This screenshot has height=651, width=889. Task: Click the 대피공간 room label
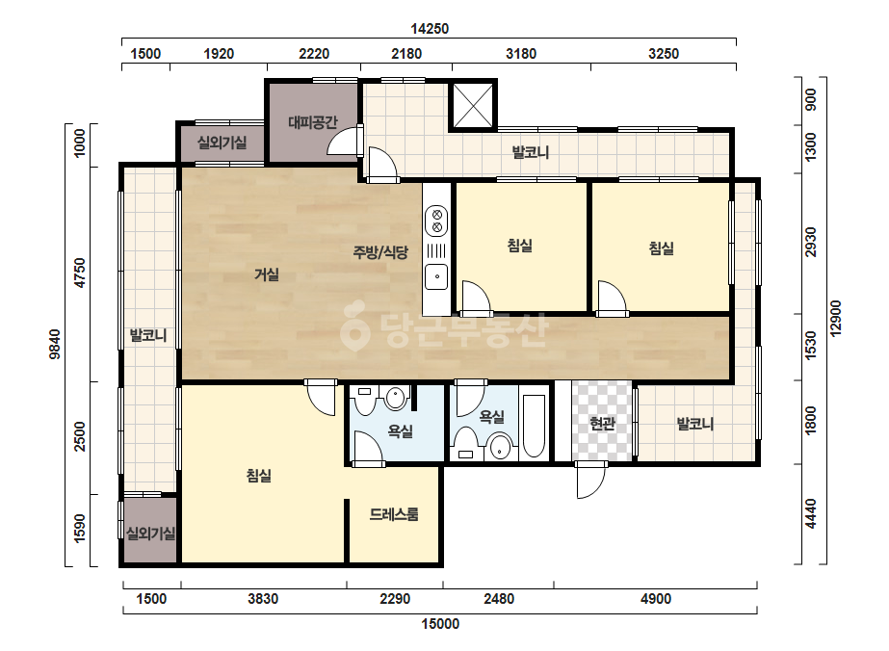pos(312,122)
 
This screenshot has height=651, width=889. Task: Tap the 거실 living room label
pos(267,274)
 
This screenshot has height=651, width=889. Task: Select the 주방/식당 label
pos(380,251)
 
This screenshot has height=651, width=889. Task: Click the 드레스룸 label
pos(394,514)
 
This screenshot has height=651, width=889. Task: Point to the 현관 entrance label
pos(602,423)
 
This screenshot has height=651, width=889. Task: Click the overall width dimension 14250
pos(430,28)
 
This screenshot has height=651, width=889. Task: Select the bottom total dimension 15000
pos(440,624)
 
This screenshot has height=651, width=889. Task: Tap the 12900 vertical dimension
pos(836,318)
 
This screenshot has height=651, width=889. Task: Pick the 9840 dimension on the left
pos(55,344)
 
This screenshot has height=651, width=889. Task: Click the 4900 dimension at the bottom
pos(656,599)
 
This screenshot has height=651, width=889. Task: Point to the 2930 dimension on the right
pos(811,242)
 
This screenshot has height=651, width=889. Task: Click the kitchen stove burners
pos(436,221)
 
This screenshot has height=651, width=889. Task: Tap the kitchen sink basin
pos(436,276)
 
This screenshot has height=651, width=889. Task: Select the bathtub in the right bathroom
pos(534,426)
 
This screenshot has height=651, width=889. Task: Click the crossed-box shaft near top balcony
pos(473,106)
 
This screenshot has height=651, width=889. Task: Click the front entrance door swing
pos(590,480)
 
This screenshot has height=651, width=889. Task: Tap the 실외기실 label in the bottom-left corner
pos(150,534)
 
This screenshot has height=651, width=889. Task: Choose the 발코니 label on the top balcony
pos(531,152)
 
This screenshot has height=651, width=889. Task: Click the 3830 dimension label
pos(263,599)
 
